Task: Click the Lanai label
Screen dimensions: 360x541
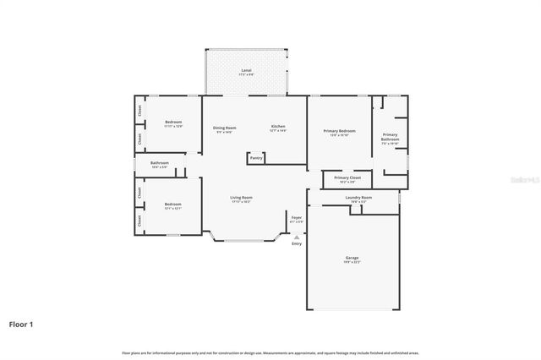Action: [x=246, y=70]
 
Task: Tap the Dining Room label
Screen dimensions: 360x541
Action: [x=226, y=128]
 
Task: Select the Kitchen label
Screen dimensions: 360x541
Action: [x=278, y=128]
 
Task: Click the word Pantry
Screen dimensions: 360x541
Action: [x=256, y=158]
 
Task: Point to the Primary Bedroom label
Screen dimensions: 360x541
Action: [x=340, y=132]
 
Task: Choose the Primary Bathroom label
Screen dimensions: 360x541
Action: [x=390, y=138]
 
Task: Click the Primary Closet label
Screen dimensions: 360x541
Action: [x=347, y=178]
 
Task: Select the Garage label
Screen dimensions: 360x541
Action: [x=352, y=258]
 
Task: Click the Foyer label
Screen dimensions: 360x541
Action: [x=297, y=218]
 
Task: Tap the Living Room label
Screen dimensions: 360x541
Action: [x=242, y=199]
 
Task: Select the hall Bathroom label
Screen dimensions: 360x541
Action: [x=160, y=163]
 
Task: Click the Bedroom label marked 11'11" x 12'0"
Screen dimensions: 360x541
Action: [x=173, y=123]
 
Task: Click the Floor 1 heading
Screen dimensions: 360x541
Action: [x=21, y=324]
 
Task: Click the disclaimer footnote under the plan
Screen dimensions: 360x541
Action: [x=270, y=352]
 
